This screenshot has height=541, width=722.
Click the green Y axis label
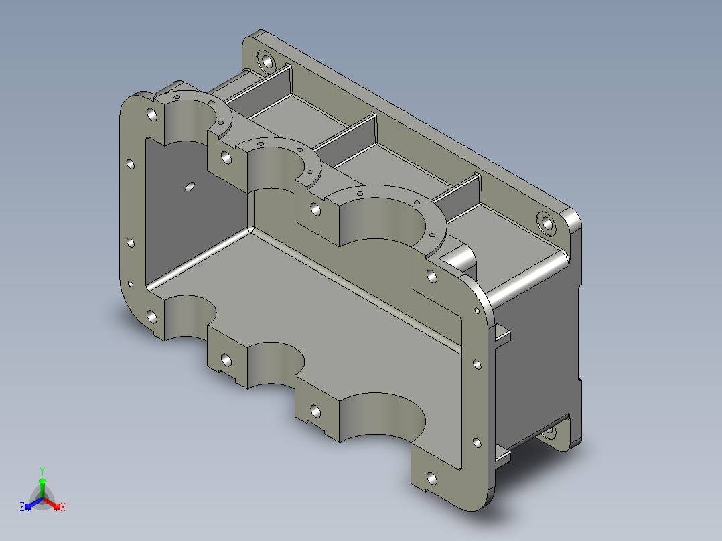pos(42,471)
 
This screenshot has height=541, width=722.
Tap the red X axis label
pos(63,507)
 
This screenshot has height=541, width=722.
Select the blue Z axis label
pos(22,506)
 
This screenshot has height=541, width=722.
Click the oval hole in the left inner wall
pos(190,187)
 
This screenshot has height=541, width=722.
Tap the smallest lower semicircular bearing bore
pos(189,317)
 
